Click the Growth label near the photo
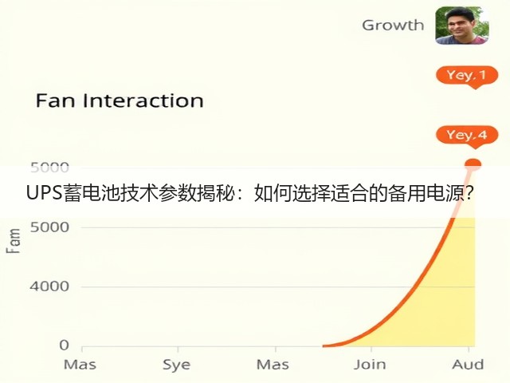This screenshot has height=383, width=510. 393,26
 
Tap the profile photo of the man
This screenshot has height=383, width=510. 462,26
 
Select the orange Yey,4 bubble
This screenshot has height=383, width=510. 467,136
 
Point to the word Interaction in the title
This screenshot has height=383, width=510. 143,101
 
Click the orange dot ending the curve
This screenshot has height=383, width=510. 473,164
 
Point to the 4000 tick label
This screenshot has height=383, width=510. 49,286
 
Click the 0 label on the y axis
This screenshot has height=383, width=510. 64,345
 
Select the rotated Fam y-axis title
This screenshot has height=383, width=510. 14,241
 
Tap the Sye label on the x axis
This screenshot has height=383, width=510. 177,365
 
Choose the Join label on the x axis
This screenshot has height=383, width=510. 370,365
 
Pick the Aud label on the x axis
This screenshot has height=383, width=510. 468,365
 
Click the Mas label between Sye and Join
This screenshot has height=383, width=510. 273,365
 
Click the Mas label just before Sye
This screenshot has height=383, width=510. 80,365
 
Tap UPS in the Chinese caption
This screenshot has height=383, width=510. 45,193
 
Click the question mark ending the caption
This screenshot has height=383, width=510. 469,193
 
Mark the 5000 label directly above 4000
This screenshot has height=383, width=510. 49,227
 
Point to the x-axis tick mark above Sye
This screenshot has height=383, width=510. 178,349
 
